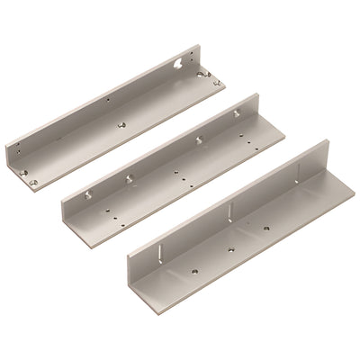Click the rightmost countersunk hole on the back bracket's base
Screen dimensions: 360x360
point(216,82)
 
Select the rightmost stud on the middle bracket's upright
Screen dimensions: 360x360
point(236,112)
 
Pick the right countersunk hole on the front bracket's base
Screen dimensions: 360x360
point(270,226)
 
